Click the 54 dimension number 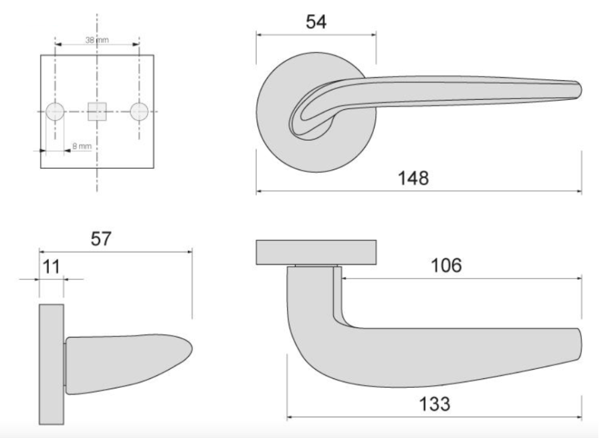316,22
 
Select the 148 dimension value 413,178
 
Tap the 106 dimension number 446,265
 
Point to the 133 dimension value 434,404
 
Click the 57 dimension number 100,239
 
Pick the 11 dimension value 51,267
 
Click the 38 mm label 97,40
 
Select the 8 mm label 82,146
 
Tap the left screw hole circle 56,112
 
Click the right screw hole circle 139,112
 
